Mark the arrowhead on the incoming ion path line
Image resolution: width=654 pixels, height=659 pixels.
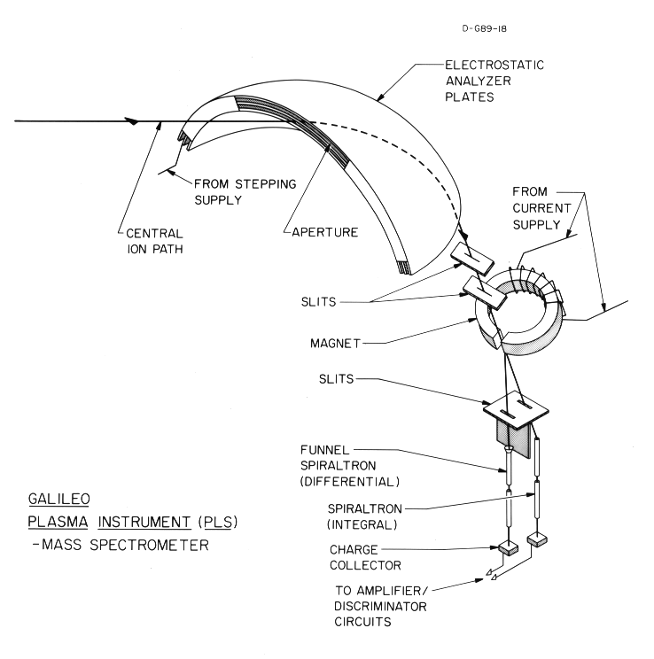pyautogui.click(x=133, y=120)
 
